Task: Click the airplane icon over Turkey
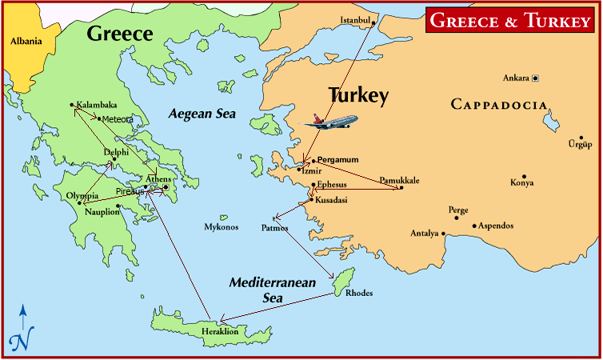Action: (x=332, y=122)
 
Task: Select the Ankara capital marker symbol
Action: (x=535, y=78)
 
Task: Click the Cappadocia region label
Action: (x=499, y=105)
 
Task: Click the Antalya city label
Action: (x=424, y=234)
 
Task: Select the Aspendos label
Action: (x=496, y=226)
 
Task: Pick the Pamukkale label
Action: (x=399, y=180)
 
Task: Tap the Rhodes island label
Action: (x=359, y=293)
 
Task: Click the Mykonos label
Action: (x=221, y=227)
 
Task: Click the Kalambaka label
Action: (x=96, y=104)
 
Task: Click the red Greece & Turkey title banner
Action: (x=510, y=20)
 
